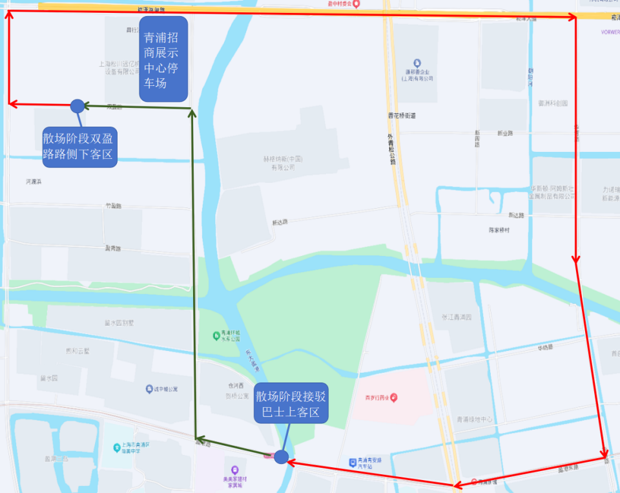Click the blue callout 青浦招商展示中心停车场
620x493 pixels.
tap(163, 59)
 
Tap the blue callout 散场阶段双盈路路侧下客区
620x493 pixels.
tap(79, 147)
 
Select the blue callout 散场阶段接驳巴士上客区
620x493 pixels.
tap(291, 404)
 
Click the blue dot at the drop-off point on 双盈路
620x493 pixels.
tap(77, 105)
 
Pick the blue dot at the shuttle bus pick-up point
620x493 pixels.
tap(281, 457)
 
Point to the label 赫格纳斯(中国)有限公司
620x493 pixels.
tap(283, 163)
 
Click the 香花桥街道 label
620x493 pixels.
tap(402, 116)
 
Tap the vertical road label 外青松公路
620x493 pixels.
tap(391, 149)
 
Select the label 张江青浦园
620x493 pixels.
tap(457, 317)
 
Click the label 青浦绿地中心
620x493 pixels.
tap(474, 419)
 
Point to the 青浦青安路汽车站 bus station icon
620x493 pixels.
tap(352, 463)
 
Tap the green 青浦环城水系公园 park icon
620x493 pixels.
tap(216, 335)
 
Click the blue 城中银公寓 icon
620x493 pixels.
tap(149, 389)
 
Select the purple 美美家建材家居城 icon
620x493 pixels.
tap(234, 470)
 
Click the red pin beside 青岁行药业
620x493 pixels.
tap(394, 397)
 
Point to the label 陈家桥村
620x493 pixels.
tap(499, 230)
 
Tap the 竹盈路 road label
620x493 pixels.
tap(113, 206)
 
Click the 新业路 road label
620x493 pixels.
tap(505, 134)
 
